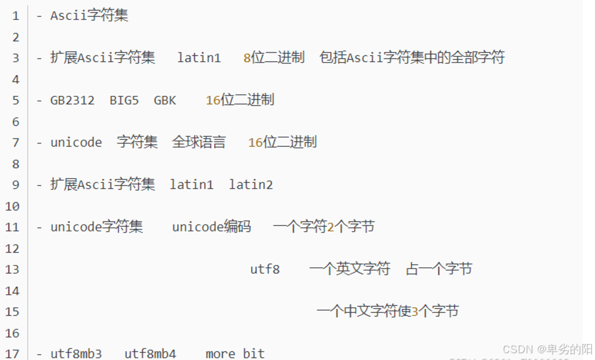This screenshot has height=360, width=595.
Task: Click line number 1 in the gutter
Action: (15, 16)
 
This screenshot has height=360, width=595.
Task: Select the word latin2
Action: (250, 185)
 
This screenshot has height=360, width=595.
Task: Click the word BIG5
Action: (124, 100)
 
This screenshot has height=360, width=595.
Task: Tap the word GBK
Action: (165, 100)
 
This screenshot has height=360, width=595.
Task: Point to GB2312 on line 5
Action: (73, 100)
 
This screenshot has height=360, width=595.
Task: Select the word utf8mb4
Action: (150, 354)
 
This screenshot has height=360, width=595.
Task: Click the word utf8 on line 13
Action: (265, 270)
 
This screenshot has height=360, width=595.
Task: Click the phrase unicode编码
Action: (212, 227)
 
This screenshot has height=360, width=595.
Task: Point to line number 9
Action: (15, 185)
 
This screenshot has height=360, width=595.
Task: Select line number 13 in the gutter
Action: (12, 270)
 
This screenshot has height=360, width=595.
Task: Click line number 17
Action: (12, 354)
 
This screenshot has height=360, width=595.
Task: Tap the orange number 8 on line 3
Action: (247, 58)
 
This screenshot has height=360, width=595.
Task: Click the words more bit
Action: (235, 354)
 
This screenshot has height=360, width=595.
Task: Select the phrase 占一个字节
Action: (439, 270)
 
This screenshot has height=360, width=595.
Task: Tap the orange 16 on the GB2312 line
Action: (213, 100)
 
